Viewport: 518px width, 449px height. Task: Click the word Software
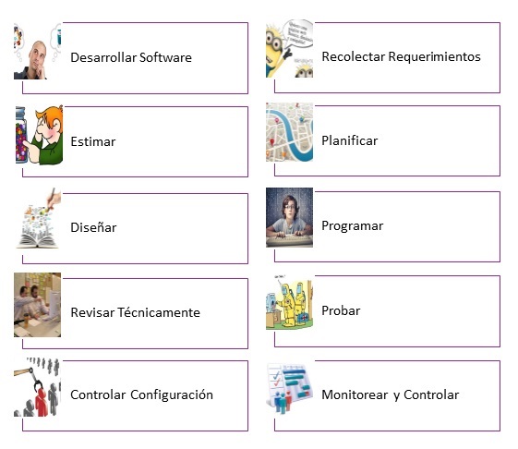coord(165,57)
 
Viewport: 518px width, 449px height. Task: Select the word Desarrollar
coord(103,57)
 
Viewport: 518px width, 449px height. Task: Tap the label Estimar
coord(93,141)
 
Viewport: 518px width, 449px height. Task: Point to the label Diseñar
coord(93,227)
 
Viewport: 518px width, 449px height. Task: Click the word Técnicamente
coord(159,312)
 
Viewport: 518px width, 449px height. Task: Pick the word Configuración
coord(172,394)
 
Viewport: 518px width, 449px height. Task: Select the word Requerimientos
coord(434,56)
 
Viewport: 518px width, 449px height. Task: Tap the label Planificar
coord(350,140)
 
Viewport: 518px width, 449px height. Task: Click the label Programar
coord(353,225)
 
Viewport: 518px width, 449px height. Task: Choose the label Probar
coord(341,310)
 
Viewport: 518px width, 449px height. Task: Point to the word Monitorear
coord(355,394)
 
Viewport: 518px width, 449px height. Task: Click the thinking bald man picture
coord(37,51)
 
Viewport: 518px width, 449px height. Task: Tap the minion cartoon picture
coord(289,49)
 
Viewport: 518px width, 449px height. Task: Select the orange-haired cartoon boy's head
coord(50,122)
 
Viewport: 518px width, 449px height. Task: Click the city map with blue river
coord(289,132)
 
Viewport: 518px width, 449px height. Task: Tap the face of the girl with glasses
coord(290,208)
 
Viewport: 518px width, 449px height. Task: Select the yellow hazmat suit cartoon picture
coord(289,302)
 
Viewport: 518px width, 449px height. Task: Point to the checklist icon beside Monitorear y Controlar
coord(289,388)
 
